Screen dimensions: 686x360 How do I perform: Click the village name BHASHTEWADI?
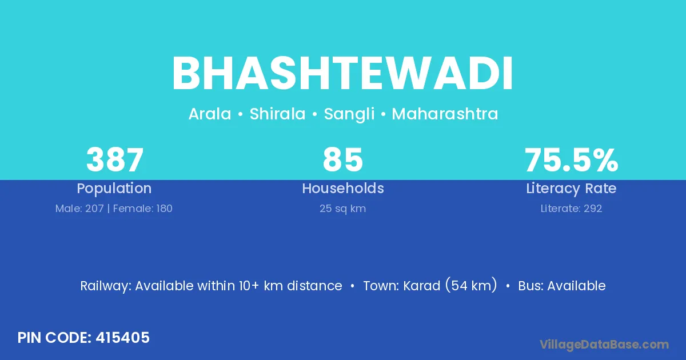click(x=342, y=73)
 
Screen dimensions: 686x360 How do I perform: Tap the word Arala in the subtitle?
click(x=210, y=114)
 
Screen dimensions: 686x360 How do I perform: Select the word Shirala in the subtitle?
click(x=277, y=114)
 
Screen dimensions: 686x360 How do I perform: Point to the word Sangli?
click(x=349, y=114)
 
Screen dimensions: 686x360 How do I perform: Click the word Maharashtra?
click(x=445, y=114)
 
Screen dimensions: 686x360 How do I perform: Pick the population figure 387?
click(x=115, y=160)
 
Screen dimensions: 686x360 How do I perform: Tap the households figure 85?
click(x=343, y=160)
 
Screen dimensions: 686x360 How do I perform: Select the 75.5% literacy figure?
click(x=572, y=160)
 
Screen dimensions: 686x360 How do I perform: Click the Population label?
click(x=114, y=189)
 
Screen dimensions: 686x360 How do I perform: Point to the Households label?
click(x=343, y=188)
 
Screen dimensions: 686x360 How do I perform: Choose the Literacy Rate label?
click(x=571, y=189)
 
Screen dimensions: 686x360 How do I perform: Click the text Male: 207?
click(x=79, y=209)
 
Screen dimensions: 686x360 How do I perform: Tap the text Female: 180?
click(x=143, y=209)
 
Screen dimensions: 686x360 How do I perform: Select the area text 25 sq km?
click(x=342, y=209)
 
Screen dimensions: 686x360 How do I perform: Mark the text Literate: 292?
click(x=571, y=209)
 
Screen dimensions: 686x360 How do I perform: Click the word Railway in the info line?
click(x=106, y=286)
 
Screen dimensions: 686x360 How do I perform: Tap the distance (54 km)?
click(x=471, y=285)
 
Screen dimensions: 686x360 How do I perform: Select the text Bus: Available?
click(x=561, y=286)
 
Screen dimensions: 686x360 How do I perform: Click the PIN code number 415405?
click(x=122, y=338)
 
